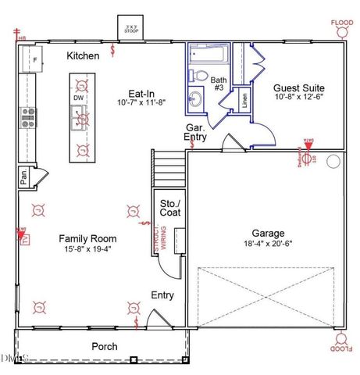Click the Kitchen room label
coord(83,55)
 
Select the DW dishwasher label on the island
coord(78,98)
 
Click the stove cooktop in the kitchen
coord(28,117)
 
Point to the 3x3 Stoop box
coord(128,29)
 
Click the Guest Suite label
coord(298,87)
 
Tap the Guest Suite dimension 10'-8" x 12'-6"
coord(298,98)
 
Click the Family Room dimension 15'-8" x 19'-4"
coord(87,250)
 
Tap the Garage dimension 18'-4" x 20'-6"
coord(268,244)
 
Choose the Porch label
coord(104,346)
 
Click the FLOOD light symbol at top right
coord(341,30)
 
